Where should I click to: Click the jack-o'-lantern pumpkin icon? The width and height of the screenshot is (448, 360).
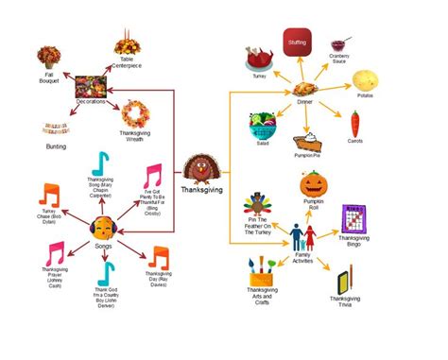[x=313, y=182]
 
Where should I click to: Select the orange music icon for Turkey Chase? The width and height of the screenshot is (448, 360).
[x=49, y=195]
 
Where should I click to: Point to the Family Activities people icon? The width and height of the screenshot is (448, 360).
[x=302, y=236]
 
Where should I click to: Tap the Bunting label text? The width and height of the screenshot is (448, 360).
[x=57, y=146]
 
